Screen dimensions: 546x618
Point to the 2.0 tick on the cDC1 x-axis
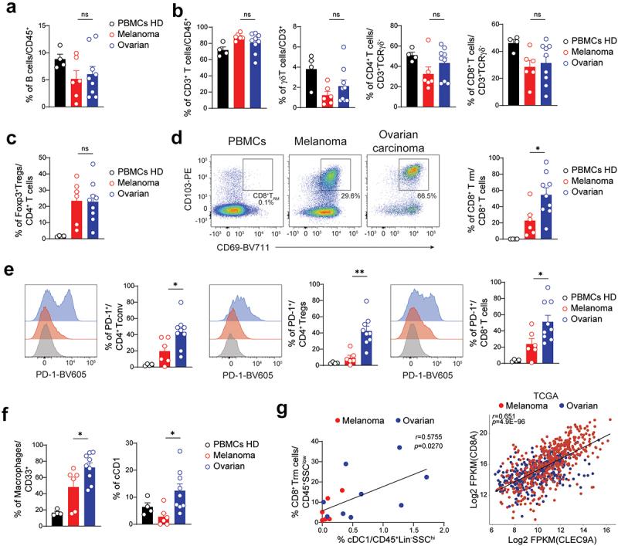point(443,531)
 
